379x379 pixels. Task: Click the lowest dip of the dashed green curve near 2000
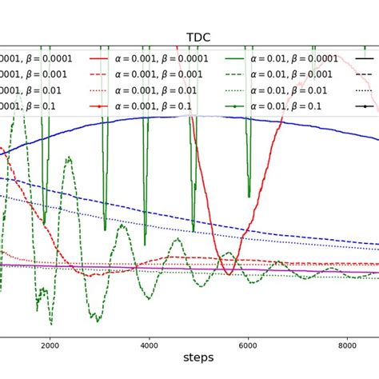coord(51,324)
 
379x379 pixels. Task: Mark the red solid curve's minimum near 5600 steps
coord(229,274)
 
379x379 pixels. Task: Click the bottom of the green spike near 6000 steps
coord(249,196)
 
